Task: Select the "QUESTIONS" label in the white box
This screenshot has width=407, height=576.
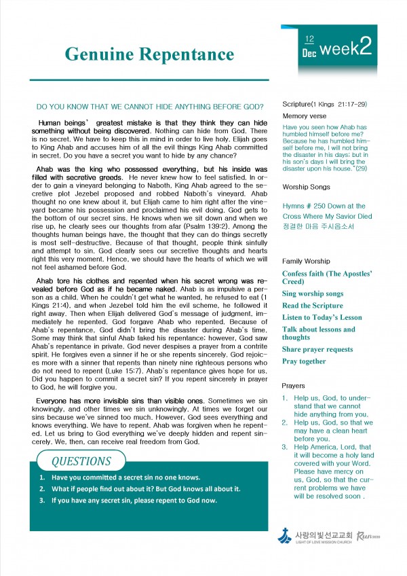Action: tap(81, 461)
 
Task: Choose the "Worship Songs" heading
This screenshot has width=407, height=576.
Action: tap(307, 185)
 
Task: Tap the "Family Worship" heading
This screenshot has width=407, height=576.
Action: tap(307, 261)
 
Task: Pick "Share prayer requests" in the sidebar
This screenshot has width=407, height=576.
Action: tap(317, 349)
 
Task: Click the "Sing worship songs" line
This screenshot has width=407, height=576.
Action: tap(313, 293)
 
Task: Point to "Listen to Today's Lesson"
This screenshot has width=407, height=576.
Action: tap(322, 317)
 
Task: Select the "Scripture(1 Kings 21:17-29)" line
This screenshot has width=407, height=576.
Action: tap(324, 104)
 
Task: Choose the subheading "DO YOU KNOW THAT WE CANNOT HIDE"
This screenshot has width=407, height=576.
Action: tap(149, 107)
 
